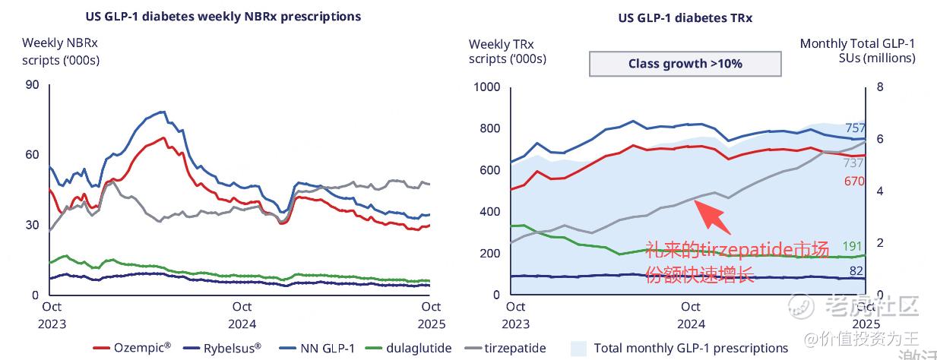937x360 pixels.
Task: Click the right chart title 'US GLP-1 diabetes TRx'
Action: [685, 17]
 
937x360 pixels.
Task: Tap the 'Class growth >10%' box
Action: [685, 64]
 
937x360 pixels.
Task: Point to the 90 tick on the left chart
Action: [32, 84]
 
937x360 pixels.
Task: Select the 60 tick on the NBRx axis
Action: [32, 155]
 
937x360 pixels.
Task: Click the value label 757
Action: [856, 128]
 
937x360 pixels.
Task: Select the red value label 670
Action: [855, 181]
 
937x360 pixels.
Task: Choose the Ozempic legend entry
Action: [132, 348]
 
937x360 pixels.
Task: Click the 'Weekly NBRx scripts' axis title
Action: [61, 51]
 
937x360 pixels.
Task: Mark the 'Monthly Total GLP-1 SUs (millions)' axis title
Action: [857, 51]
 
